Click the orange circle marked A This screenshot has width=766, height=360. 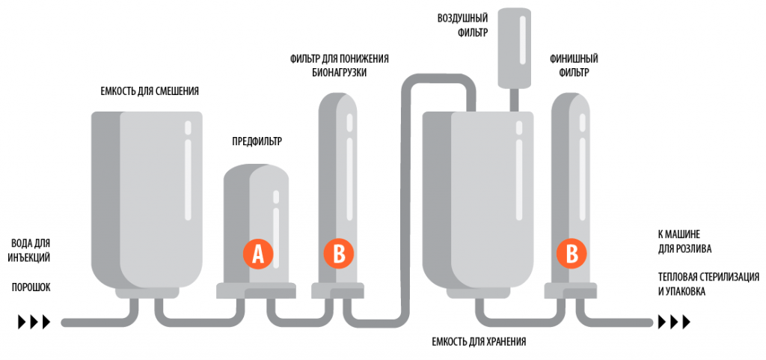click(258, 254)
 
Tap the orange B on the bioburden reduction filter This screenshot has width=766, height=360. click(338, 254)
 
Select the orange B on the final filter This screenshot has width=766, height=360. click(572, 254)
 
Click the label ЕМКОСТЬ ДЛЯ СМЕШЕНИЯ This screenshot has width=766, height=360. click(150, 91)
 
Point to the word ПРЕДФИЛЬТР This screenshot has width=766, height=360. click(257, 140)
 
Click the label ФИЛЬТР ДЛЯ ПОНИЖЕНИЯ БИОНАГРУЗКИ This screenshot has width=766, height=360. click(339, 66)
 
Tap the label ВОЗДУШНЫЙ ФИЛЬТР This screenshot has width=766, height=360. click(462, 25)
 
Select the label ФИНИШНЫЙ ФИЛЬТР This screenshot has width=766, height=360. click(573, 66)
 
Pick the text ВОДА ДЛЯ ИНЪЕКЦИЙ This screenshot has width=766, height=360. click(31, 250)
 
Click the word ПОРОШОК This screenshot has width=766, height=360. click(31, 287)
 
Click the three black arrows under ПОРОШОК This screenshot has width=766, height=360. click(34, 323)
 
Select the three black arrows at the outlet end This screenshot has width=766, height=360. click(674, 323)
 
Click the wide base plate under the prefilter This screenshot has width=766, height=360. click(257, 291)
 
